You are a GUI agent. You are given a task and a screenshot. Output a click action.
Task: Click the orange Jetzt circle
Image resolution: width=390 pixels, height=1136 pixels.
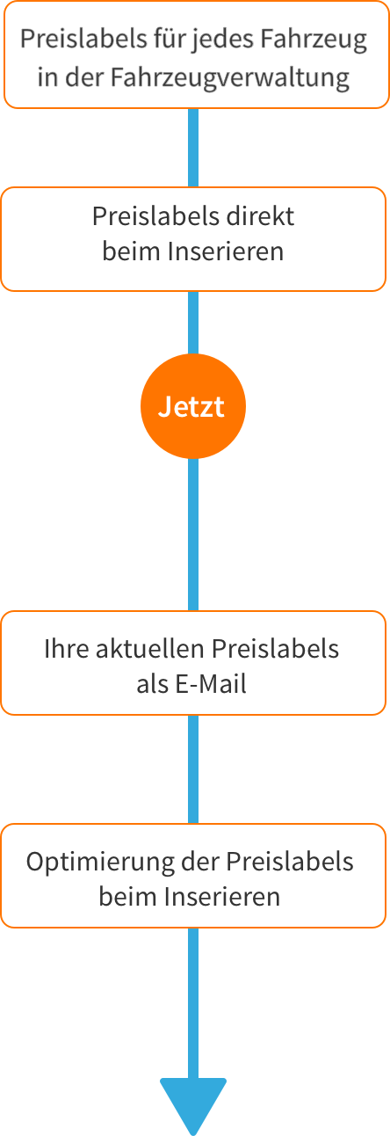tap(193, 406)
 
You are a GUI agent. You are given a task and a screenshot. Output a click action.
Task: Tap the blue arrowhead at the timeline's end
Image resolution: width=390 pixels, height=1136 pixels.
tap(193, 1106)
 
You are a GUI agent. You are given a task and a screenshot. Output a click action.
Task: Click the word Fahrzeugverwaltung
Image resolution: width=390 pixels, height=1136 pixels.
tap(229, 78)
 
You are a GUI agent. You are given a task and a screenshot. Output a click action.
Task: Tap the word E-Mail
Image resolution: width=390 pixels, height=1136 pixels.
tap(211, 684)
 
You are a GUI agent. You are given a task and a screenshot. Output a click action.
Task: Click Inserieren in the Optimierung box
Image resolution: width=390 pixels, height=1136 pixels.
tap(223, 897)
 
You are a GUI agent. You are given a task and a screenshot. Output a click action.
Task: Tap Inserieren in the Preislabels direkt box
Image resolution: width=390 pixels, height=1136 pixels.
tap(226, 251)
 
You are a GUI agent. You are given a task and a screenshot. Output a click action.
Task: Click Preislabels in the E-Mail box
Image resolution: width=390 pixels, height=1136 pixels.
tap(275, 649)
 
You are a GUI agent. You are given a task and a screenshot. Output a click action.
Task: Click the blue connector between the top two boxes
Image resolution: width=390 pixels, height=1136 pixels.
tap(193, 148)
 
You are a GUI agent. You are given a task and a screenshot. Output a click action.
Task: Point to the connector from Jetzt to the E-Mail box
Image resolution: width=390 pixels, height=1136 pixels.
tap(193, 535)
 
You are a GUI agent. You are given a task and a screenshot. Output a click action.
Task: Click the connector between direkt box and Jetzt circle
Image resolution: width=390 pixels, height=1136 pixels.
tap(193, 323)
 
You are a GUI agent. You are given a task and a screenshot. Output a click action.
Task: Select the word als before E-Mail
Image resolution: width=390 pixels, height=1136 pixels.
tap(153, 684)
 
